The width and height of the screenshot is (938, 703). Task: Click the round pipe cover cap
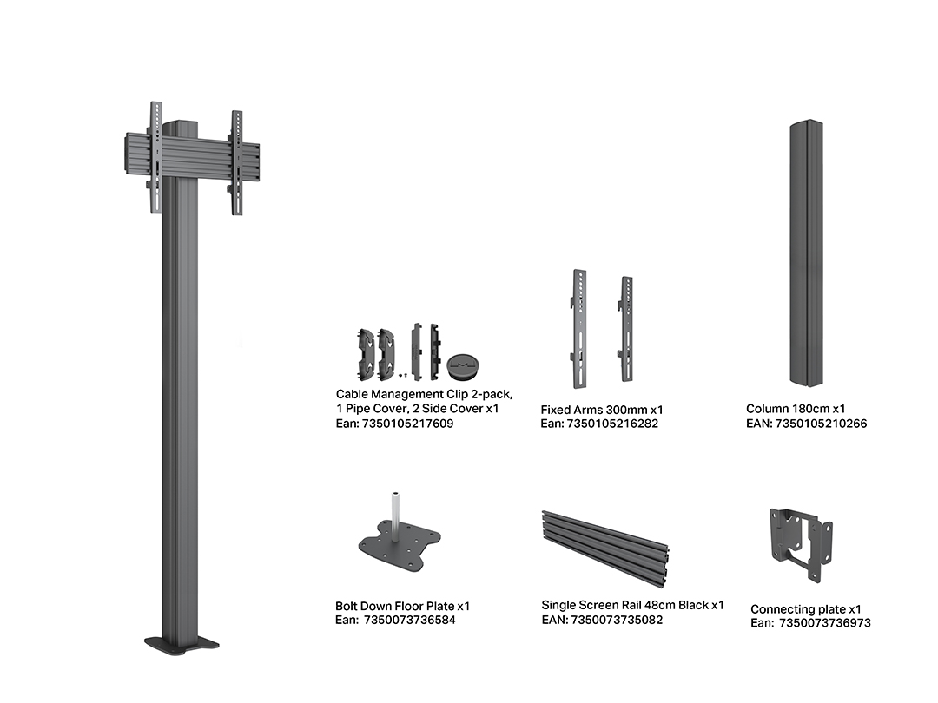463,365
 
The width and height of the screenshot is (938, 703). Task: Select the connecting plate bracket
801,544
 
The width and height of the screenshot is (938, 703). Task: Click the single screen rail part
605,548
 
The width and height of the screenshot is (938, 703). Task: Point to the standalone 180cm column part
806,253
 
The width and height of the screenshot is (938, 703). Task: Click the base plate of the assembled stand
182,644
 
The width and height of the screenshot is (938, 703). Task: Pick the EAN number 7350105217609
408,424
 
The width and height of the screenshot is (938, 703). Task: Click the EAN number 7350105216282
612,424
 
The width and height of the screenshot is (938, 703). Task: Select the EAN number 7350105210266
821,424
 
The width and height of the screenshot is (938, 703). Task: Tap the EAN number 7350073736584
410,620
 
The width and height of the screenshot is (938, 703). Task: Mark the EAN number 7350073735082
617,620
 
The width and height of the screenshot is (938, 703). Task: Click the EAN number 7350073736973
825,623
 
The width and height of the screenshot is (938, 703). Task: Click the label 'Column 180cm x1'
796,409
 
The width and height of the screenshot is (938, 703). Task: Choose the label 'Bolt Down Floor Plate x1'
403,606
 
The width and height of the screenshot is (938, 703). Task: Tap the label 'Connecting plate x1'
806,609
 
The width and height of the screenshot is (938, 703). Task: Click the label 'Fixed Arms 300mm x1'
602,410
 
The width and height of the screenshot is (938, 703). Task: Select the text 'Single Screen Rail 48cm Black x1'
632,605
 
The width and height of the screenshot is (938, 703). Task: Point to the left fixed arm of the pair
578,329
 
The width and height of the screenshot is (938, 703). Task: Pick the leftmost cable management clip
367,354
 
